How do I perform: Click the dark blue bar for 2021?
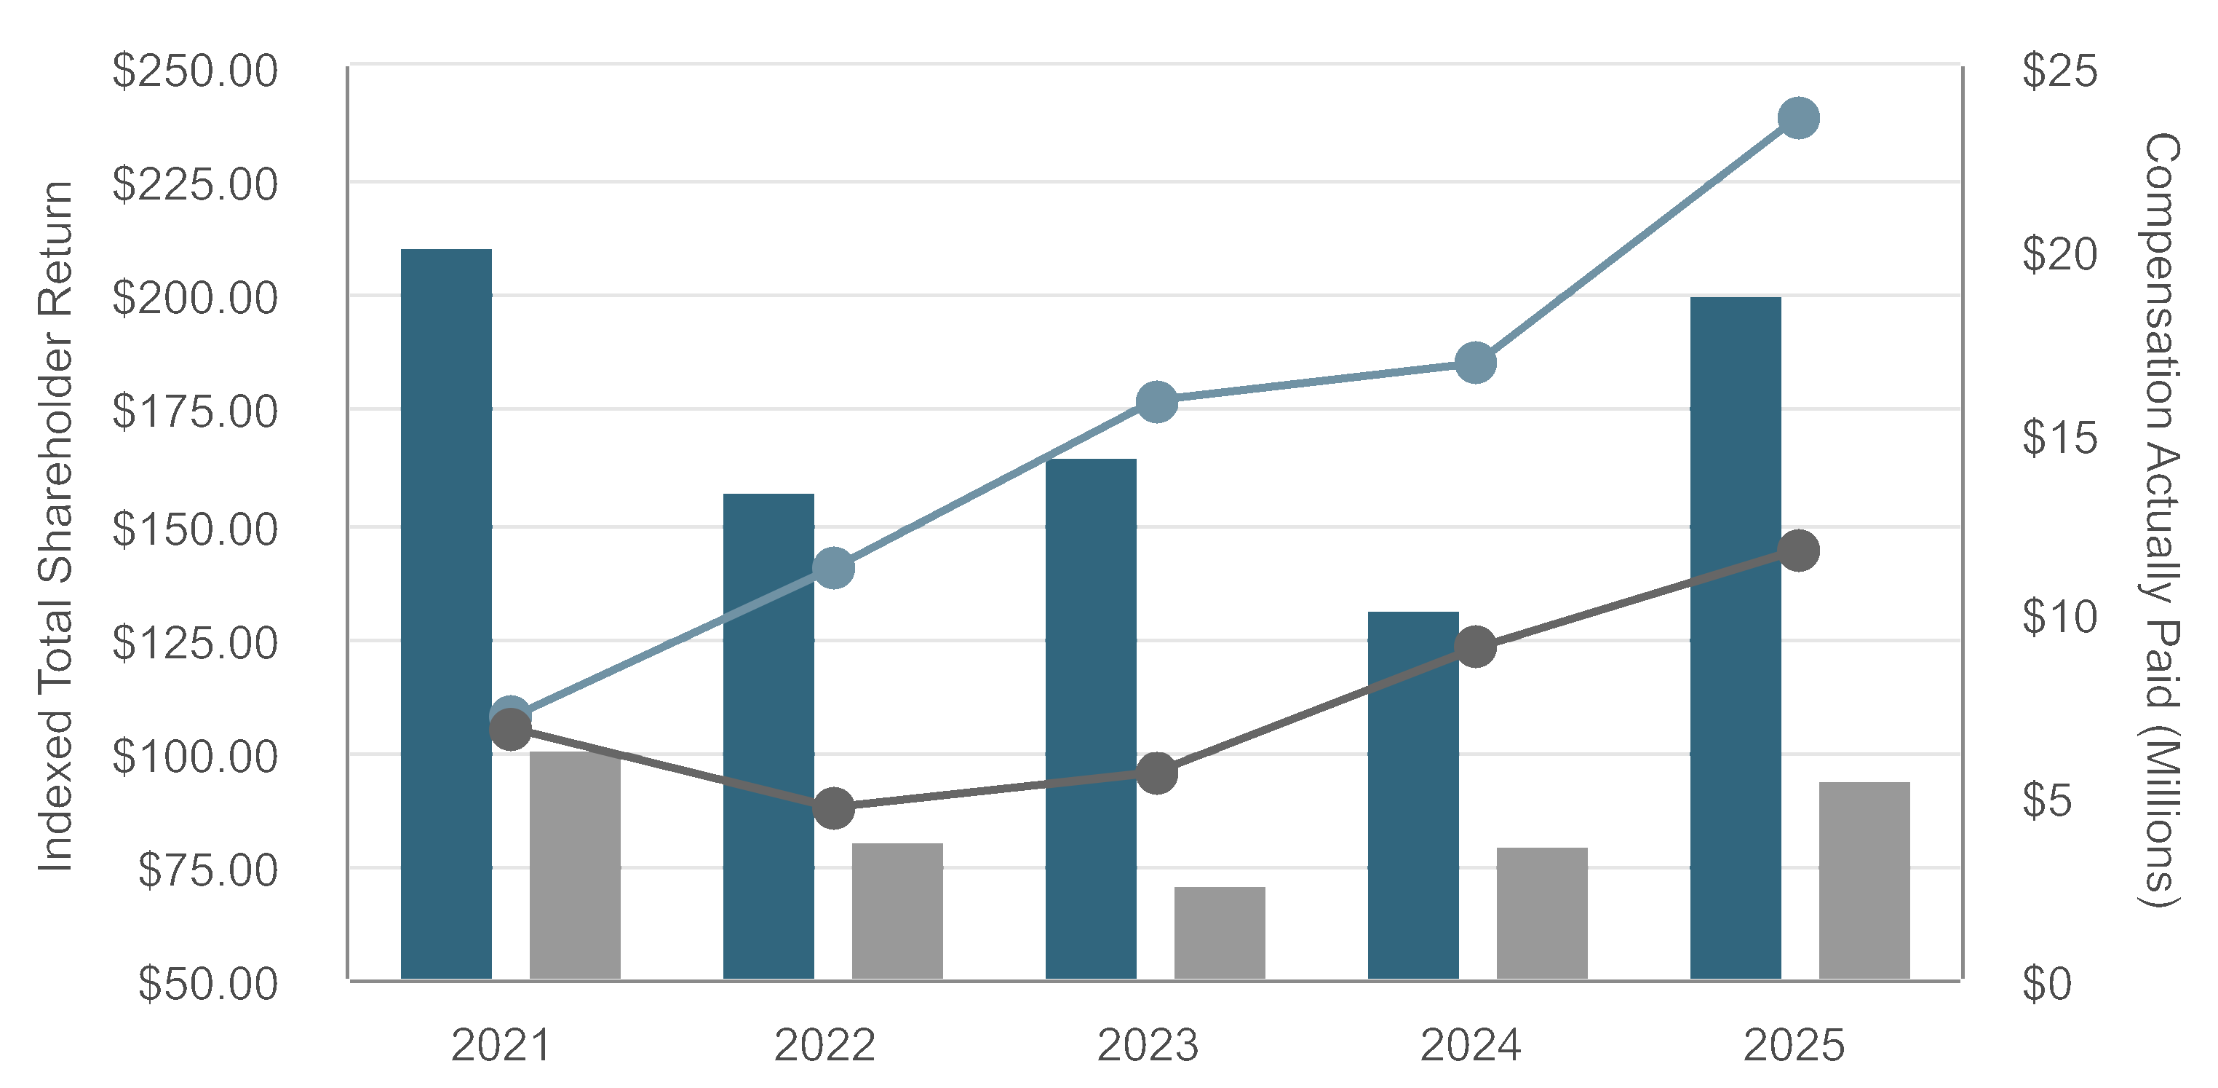tap(446, 613)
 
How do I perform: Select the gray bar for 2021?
tap(574, 865)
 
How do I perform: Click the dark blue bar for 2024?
tap(1413, 795)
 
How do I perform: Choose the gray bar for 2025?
tap(1864, 880)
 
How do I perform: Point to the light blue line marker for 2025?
tap(1799, 118)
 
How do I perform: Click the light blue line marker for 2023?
tap(1156, 402)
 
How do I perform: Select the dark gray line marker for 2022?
tap(833, 808)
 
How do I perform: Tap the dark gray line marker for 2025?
tap(1799, 551)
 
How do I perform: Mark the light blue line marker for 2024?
tap(1476, 363)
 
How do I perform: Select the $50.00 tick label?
tap(207, 984)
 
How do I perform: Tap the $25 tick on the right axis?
tap(2059, 71)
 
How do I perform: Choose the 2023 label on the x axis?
tap(1147, 1046)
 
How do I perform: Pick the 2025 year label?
tap(1794, 1046)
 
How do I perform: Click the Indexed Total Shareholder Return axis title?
tap(57, 526)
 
